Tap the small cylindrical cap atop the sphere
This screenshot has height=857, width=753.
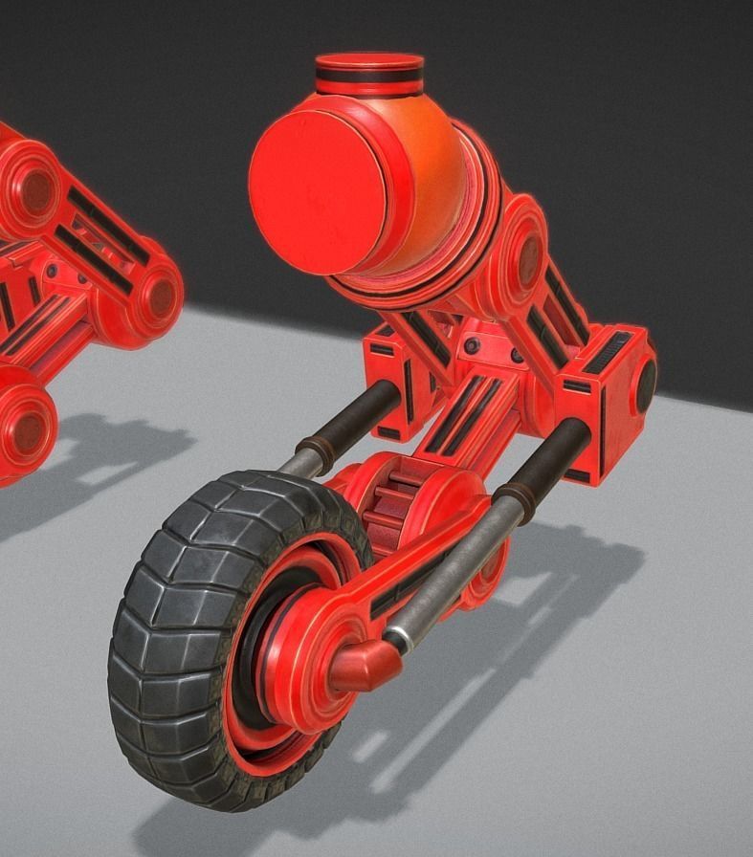369,74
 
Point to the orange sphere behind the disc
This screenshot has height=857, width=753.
435,163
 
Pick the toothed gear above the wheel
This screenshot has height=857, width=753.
392,507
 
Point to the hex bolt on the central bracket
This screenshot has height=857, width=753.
472,345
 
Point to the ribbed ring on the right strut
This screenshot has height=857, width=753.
511,497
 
